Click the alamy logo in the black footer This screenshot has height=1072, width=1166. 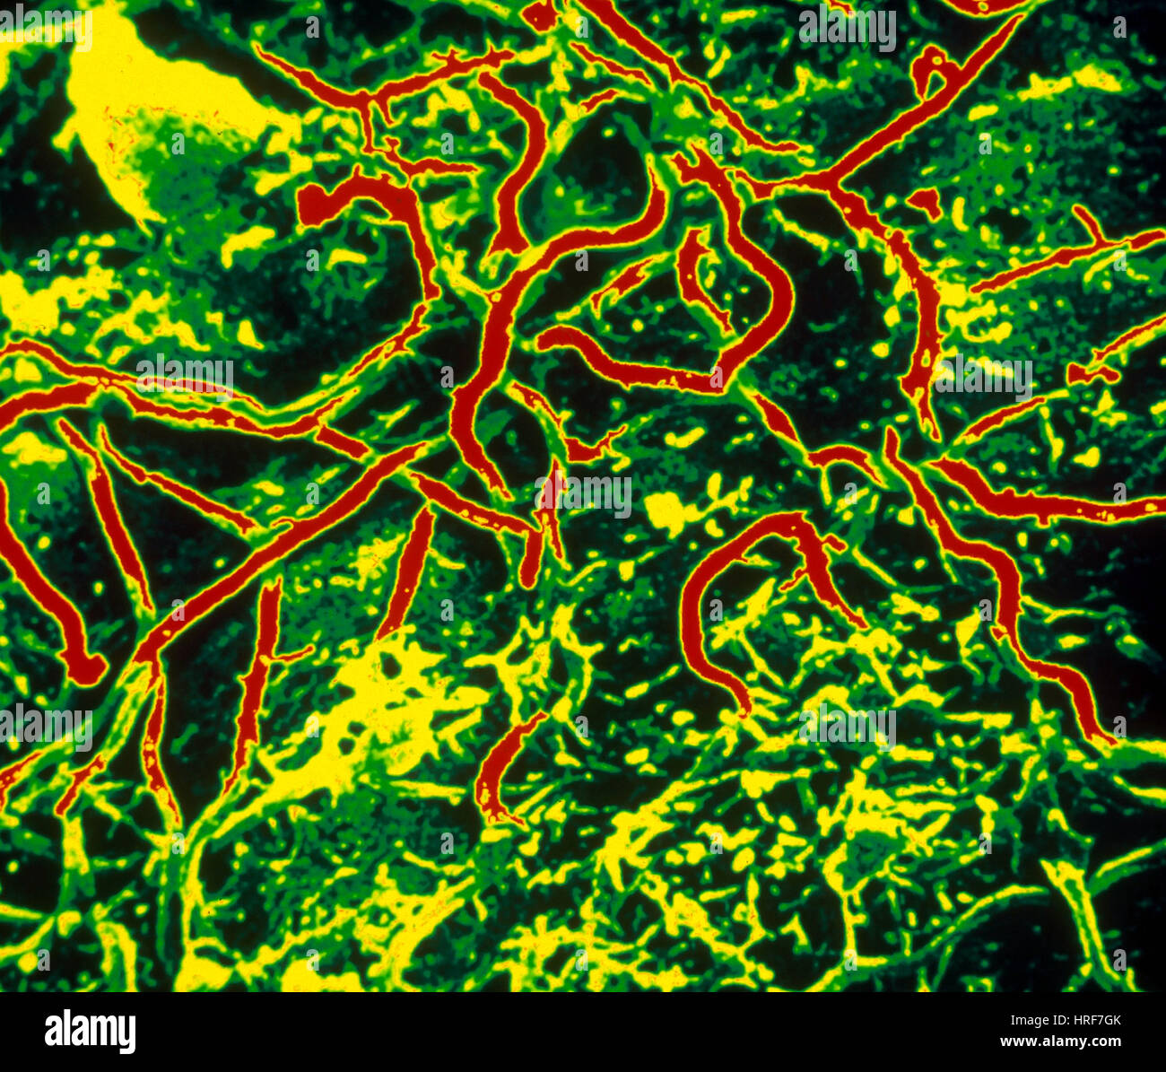click(90, 1032)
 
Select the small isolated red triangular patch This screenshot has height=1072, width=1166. click(925, 201)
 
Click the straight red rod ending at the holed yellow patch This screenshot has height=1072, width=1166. click(408, 574)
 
